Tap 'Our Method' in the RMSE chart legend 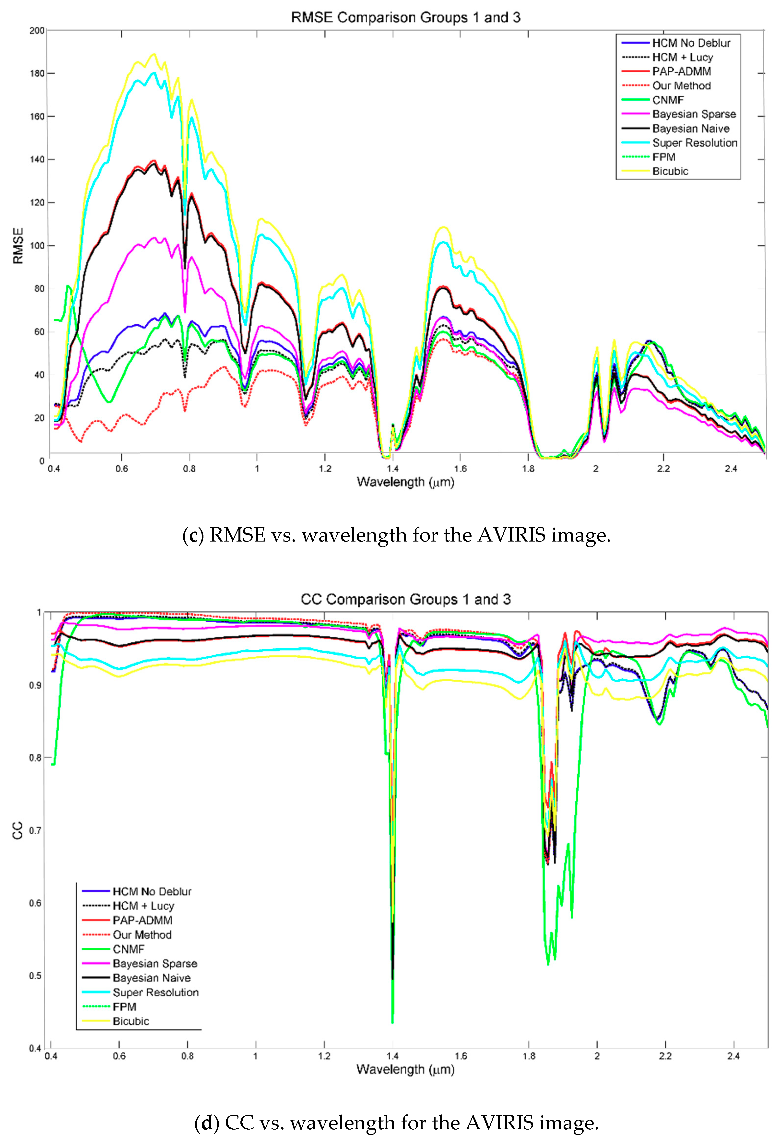681,86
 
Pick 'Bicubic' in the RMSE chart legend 670,171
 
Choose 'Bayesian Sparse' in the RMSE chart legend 694,114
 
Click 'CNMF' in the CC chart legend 129,949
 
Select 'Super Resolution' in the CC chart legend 155,992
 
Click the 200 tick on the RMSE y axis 37,31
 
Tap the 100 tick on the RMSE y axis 37,246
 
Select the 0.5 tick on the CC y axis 35,976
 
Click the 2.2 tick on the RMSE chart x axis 663,468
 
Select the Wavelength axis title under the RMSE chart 405,482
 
